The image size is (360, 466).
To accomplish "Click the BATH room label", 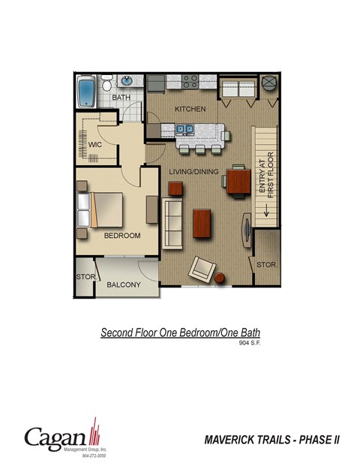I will click(121, 98).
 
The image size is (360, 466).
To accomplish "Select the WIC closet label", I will click(95, 143).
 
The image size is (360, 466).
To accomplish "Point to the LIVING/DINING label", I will click(193, 172).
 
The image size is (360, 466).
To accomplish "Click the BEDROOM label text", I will click(122, 236).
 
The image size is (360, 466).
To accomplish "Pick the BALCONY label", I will click(124, 284).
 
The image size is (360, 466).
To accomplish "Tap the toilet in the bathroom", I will click(107, 83).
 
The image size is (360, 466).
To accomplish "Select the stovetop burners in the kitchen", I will click(190, 80).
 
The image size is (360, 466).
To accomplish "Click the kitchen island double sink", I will click(185, 130).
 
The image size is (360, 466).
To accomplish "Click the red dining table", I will click(239, 181).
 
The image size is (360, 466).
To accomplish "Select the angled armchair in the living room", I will click(202, 269).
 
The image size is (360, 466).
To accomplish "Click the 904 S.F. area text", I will click(250, 343).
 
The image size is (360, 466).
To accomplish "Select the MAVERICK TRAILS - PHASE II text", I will click(271, 440).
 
